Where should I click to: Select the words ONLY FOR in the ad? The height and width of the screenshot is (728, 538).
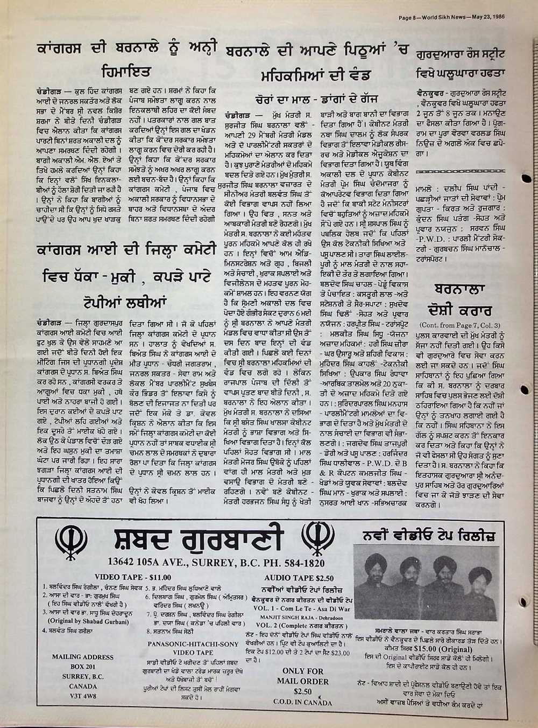[303, 671]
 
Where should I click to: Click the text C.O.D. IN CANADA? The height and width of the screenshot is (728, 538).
[303, 702]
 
